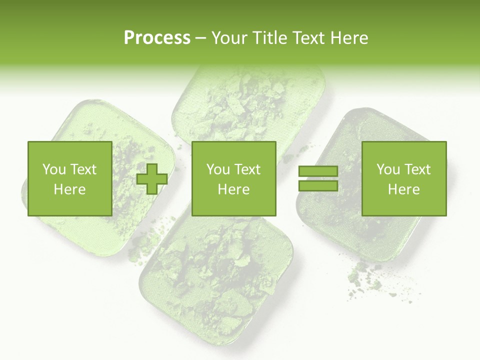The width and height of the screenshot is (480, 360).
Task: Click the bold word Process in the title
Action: coord(157,38)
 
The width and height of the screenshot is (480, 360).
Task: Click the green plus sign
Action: coord(152,178)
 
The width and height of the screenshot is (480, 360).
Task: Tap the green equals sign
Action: coord(318,178)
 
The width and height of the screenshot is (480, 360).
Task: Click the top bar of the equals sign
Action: coord(318,171)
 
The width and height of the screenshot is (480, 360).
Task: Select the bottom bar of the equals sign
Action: coord(318,185)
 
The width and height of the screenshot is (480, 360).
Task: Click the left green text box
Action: coord(69,178)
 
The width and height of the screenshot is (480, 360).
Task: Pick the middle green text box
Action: coord(233,178)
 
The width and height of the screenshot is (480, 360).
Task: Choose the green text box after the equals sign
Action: coord(403,178)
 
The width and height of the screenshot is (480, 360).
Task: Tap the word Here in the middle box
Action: coord(233,189)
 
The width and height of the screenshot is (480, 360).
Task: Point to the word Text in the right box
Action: coord(418,169)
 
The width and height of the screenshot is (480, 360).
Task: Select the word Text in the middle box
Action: coord(248,169)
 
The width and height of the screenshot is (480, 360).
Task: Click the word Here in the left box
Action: coord(69,189)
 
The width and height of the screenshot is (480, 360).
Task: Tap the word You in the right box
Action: coord(388,169)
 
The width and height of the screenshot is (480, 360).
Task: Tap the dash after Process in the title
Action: coord(200,38)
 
